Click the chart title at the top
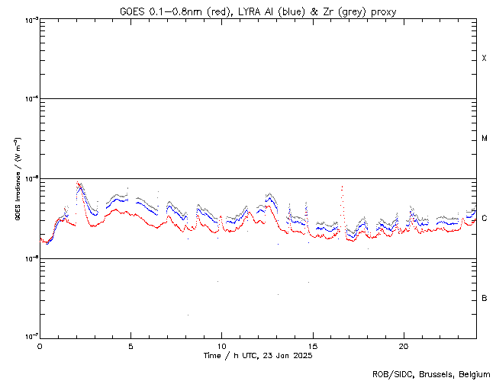click(x=257, y=10)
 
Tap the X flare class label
click(x=485, y=59)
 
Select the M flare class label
click(x=485, y=139)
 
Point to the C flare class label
click(x=485, y=219)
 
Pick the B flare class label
click(x=485, y=298)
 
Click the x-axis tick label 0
click(x=40, y=346)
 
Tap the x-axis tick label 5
click(x=130, y=346)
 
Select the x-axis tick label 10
click(x=221, y=346)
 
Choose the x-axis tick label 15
click(x=313, y=346)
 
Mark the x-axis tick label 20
click(x=404, y=346)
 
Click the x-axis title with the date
click(x=257, y=356)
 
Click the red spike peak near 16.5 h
click(x=342, y=186)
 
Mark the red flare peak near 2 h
click(x=77, y=183)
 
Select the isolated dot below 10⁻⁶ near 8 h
click(x=187, y=315)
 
